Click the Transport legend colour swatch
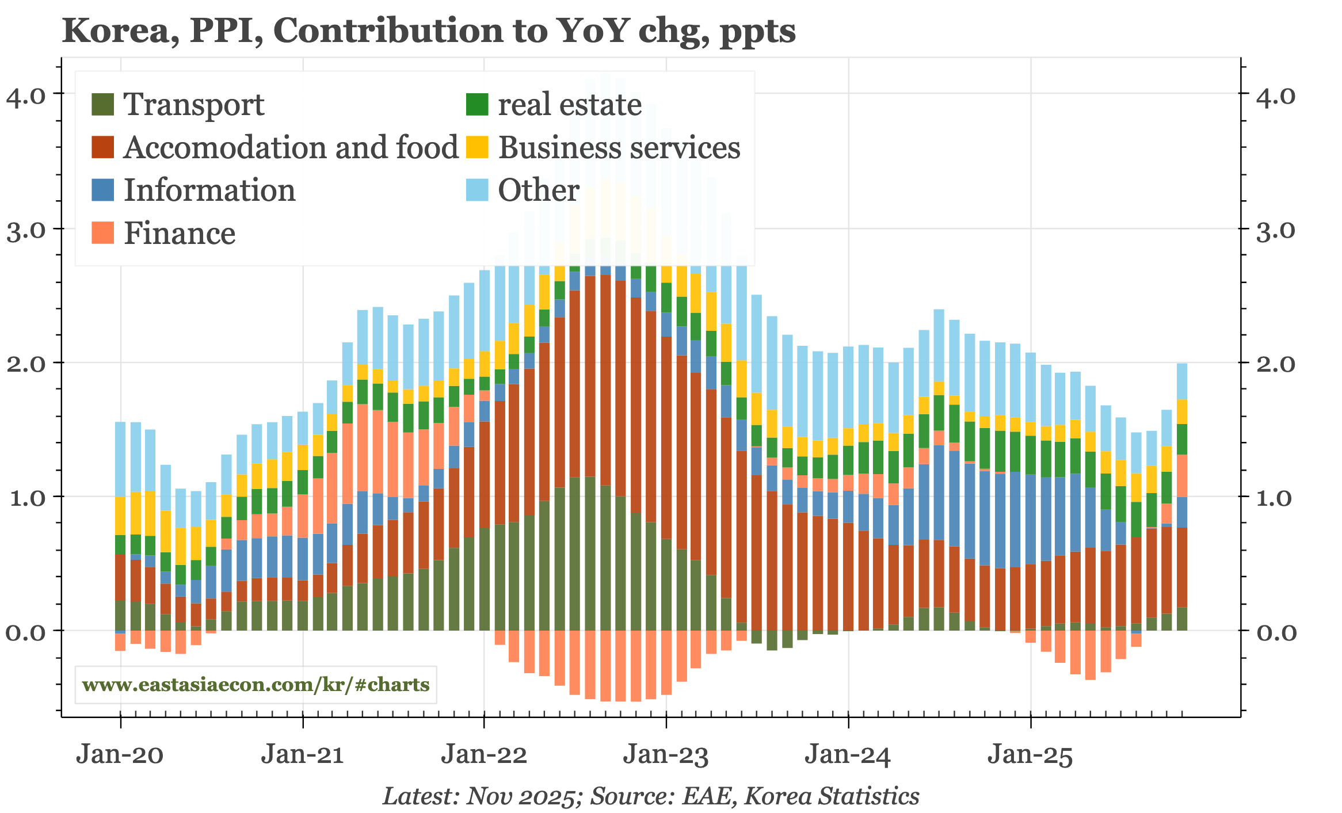[x=103, y=105]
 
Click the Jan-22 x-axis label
[x=484, y=754]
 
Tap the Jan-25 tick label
[x=1030, y=754]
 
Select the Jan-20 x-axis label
[x=120, y=754]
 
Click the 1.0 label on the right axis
[x=1275, y=498]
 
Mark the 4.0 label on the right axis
[x=1275, y=97]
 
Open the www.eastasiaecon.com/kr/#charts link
[x=256, y=685]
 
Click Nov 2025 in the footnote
[x=521, y=796]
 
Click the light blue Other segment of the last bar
[x=1182, y=381]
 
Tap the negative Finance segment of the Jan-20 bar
[x=120, y=642]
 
